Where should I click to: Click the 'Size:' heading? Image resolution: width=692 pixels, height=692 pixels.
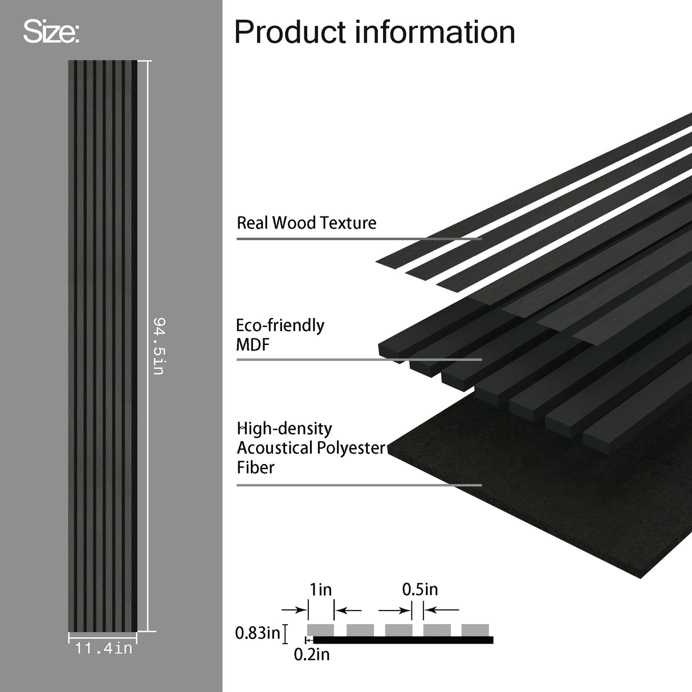point(51,32)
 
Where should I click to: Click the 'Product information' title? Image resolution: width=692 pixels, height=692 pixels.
point(375,32)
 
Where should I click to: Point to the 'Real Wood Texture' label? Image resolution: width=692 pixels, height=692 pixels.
point(306,222)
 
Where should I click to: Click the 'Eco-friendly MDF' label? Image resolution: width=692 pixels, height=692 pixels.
point(280,335)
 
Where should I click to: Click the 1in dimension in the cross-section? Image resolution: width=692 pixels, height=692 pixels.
point(320,589)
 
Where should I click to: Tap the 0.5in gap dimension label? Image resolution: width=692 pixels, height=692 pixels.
point(420,589)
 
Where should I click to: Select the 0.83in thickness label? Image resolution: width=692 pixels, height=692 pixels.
point(258,633)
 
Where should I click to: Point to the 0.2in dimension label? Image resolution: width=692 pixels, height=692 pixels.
point(311,655)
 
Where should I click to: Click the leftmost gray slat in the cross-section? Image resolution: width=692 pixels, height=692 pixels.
point(320,630)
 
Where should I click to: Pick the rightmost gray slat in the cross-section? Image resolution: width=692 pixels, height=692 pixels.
point(475,630)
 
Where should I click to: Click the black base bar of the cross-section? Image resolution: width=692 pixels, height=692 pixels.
point(402,640)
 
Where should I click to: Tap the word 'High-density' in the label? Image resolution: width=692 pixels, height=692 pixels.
point(284,428)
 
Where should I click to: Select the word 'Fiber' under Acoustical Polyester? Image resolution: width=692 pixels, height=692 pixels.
point(255,468)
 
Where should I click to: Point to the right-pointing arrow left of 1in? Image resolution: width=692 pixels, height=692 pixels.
point(294,610)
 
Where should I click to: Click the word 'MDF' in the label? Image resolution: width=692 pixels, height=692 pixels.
point(253,345)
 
